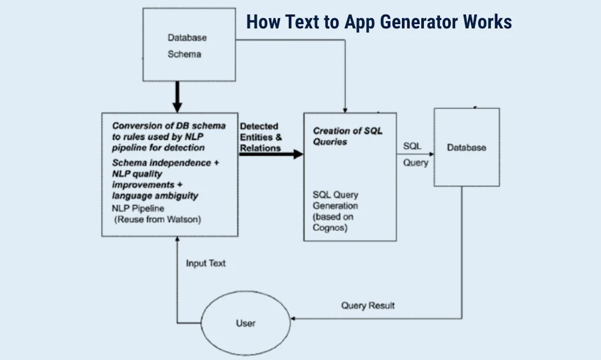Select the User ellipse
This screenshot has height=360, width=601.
pos(246,322)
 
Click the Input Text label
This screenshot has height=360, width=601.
pos(205,263)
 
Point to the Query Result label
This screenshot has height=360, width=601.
pos(368,305)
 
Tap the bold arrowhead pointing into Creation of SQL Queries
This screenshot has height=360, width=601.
pos(298,154)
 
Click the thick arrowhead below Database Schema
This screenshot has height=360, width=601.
pos(177,106)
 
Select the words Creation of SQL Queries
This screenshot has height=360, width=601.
pos(347,136)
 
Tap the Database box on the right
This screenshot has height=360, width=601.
pos(467,147)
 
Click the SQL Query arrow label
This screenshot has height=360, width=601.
pos(414,154)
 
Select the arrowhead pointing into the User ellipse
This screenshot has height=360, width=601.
pos(295,319)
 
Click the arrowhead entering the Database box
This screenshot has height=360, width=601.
pos(430,155)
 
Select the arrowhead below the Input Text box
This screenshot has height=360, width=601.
pos(177,241)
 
